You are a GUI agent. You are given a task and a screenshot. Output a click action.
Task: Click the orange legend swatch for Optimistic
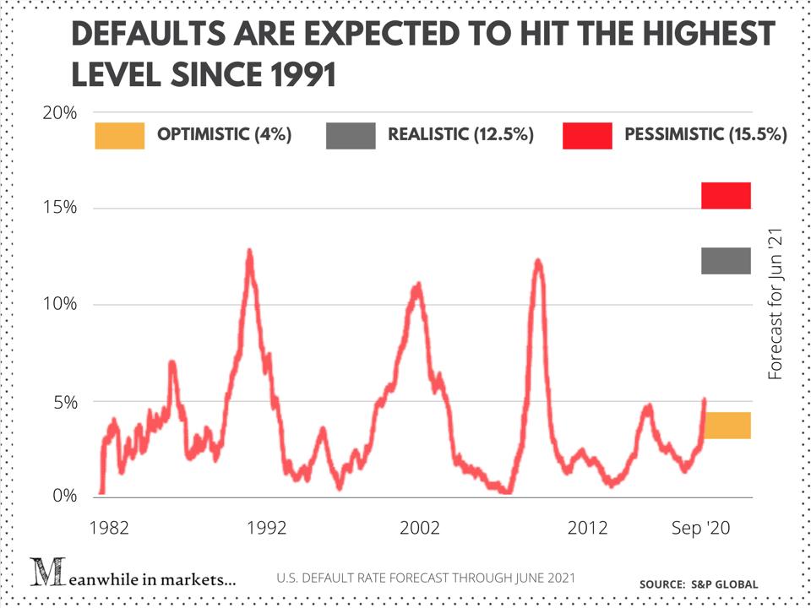tap(119, 135)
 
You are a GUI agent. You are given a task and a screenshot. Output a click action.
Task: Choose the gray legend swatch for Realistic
tap(351, 135)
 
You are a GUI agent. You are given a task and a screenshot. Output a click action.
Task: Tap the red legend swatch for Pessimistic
tap(587, 135)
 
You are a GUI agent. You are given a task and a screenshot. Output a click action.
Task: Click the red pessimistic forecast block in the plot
tap(726, 195)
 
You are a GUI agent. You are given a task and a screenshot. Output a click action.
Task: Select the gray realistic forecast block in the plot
tap(726, 261)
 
